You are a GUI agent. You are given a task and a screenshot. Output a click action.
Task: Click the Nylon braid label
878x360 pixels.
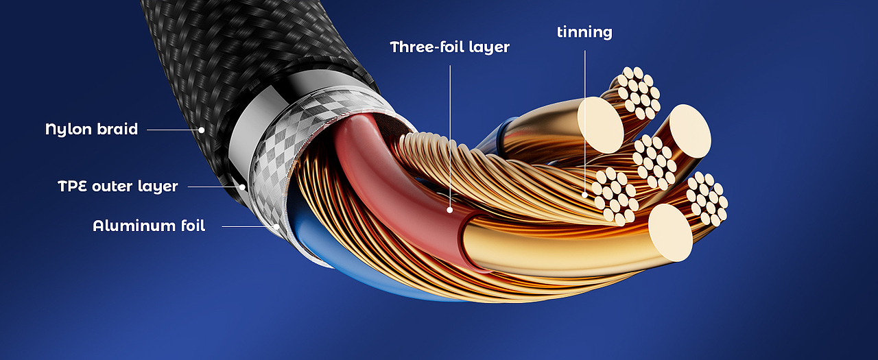click(92, 130)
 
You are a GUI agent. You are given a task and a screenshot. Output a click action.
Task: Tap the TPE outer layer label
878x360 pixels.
click(118, 187)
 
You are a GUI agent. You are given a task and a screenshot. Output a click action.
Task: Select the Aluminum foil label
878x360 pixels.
click(149, 226)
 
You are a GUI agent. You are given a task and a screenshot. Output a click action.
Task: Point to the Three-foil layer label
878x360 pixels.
click(449, 47)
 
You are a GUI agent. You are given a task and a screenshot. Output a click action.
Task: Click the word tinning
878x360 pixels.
click(584, 32)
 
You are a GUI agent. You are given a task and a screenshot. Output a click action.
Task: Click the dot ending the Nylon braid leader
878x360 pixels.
click(202, 130)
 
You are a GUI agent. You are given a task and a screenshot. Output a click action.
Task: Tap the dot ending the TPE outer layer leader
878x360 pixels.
click(242, 187)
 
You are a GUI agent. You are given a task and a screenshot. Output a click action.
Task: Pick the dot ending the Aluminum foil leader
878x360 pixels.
click(276, 226)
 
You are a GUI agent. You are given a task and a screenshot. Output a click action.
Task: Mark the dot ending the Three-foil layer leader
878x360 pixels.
click(450, 211)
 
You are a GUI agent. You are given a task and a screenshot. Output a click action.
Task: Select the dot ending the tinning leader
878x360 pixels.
click(585, 195)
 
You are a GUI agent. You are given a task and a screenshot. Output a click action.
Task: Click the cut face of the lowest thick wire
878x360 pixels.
click(670, 232)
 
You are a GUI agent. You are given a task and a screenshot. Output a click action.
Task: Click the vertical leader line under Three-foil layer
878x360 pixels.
click(450, 136)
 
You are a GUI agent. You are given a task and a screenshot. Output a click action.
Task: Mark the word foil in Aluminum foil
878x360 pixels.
click(193, 226)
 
